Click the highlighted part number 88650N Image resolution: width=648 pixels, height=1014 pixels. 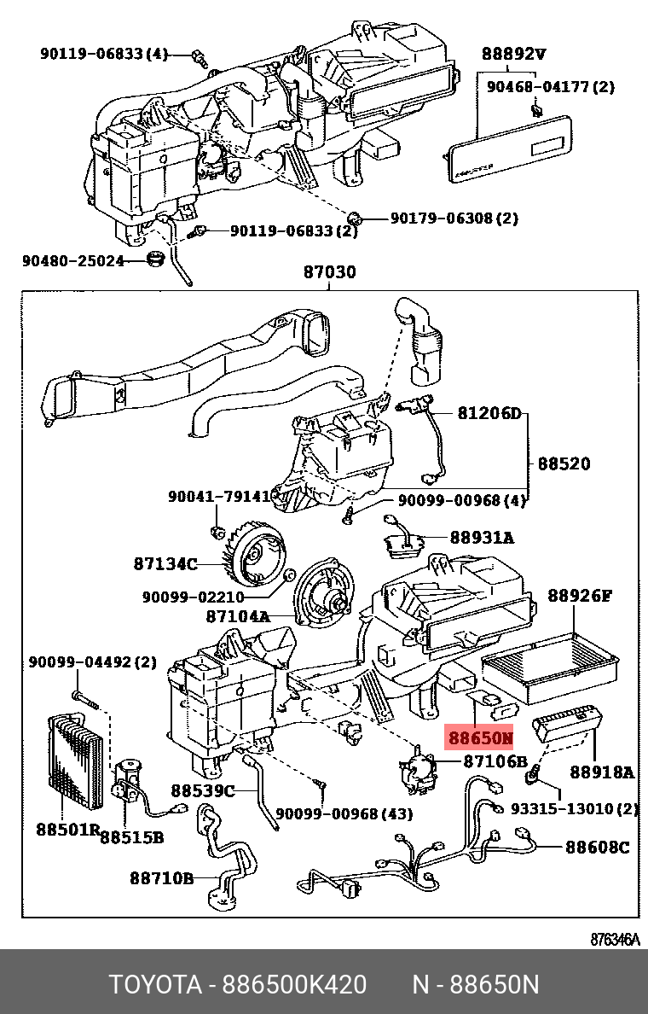coord(481,737)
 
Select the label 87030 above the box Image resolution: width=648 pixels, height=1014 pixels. coord(330,273)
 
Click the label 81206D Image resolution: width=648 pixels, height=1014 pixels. coord(489,414)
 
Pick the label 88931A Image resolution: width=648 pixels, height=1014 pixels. coord(482,538)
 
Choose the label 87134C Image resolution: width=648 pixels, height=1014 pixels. coord(165,563)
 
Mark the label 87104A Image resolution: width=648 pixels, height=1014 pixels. coord(237,615)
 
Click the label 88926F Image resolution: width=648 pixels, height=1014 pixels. coord(580,595)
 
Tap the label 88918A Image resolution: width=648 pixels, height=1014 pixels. coord(602,772)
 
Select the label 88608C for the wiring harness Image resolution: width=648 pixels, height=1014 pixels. coord(598,847)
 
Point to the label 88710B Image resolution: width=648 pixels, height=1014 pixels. coord(162,877)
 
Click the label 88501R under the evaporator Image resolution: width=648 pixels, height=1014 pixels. coord(68,828)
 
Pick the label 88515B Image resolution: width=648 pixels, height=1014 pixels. coord(131,837)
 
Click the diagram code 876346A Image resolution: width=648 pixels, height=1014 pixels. coord(614,939)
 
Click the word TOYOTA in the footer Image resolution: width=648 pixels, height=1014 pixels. coord(153,985)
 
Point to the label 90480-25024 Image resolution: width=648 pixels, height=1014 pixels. coord(73,260)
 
